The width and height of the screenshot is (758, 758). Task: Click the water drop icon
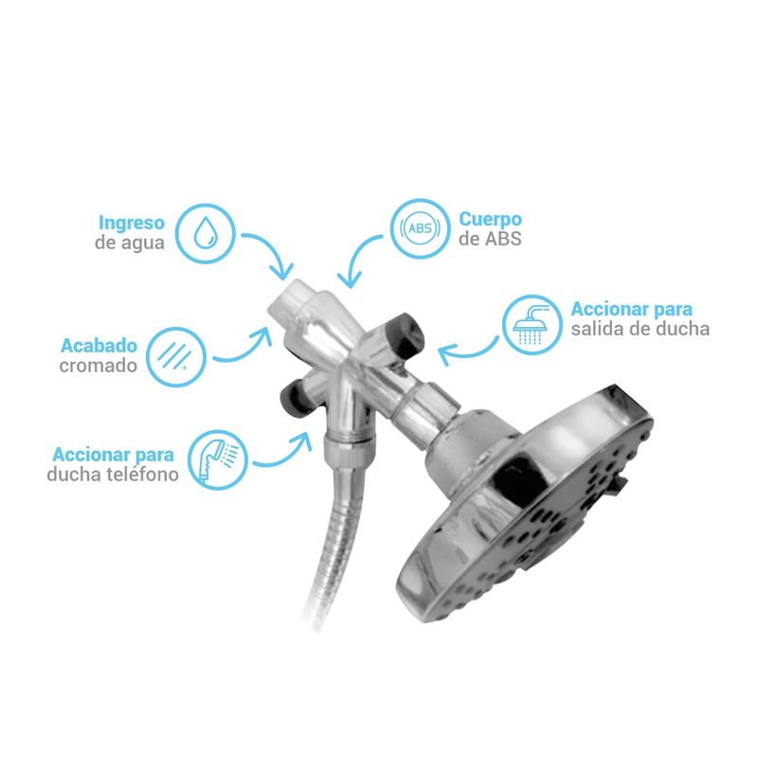point(206,233)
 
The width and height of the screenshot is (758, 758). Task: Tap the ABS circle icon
point(420,228)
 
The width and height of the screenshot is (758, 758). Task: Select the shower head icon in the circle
point(532,324)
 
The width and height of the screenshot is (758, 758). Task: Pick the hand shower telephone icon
point(218,460)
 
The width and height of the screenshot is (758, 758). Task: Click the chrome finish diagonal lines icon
point(176,357)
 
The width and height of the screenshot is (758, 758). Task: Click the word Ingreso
point(132,223)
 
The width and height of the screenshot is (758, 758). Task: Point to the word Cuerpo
point(490,219)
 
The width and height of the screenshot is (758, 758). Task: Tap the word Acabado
point(99,345)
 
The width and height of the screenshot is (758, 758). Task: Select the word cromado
point(99,366)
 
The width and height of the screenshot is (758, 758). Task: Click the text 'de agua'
point(130,243)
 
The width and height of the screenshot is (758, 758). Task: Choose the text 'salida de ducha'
point(641,329)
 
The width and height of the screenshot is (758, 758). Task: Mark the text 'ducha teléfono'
point(113,475)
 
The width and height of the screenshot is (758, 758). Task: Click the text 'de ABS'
point(490,239)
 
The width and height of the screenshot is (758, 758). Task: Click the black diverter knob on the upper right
point(406,334)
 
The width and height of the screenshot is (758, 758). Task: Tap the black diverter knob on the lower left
point(293,396)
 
